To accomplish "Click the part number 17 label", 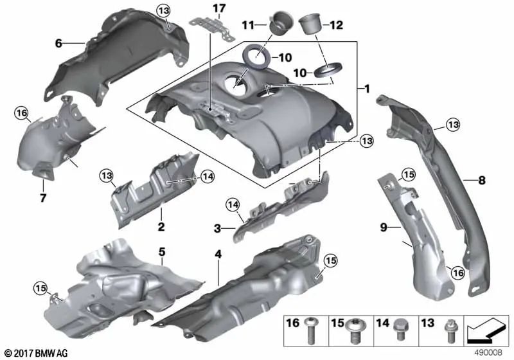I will tap(220, 8).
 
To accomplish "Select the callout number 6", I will tap(58, 44).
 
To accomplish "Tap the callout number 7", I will tap(43, 197).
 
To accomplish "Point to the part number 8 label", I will tap(481, 181).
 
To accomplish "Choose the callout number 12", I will tap(336, 25).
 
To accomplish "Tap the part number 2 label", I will tap(161, 226).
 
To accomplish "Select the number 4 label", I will tap(218, 255).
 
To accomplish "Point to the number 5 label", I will tap(163, 251).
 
